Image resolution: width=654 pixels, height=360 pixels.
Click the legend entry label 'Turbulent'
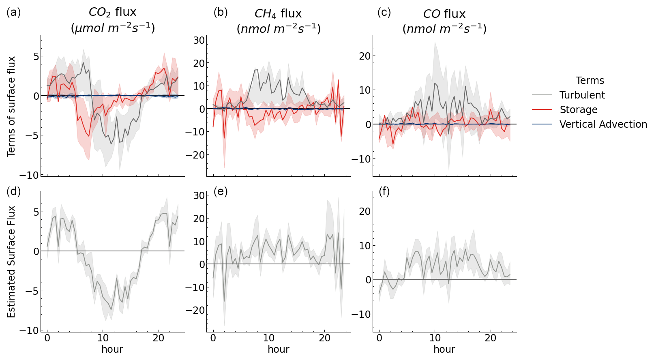point(582,95)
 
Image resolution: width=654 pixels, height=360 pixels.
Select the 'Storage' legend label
point(578,110)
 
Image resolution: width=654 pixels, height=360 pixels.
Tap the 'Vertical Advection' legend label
point(603,124)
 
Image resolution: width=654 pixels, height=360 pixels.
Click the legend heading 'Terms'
point(590,81)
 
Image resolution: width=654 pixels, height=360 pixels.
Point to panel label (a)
point(13,13)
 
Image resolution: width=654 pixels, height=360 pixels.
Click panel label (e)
point(221,191)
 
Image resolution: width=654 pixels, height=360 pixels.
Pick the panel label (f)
point(384,191)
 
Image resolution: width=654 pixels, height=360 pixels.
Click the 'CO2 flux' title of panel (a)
point(112,13)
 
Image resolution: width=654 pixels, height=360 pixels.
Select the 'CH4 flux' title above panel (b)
point(278,14)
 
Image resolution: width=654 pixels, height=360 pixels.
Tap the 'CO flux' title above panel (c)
point(444,14)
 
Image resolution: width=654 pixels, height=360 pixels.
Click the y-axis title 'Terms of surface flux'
point(11,106)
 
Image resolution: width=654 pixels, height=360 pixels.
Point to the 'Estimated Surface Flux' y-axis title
point(11,261)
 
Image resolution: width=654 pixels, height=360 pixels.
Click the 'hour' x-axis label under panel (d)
point(112,349)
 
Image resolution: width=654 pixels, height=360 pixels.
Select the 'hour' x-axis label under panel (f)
point(444,349)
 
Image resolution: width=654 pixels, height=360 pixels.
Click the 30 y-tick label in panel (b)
point(199,40)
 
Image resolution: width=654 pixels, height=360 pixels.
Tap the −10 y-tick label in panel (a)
point(29,175)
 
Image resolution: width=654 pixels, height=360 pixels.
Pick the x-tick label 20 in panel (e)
point(324,338)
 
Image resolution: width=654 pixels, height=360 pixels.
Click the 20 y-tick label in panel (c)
point(365,56)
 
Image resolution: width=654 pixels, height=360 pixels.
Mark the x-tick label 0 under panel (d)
point(47,338)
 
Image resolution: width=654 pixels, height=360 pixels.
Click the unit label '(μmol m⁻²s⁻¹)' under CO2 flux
point(112,28)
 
